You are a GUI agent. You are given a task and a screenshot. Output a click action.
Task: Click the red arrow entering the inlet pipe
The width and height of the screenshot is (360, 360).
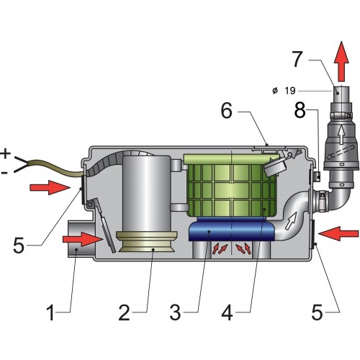(x=88, y=238)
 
